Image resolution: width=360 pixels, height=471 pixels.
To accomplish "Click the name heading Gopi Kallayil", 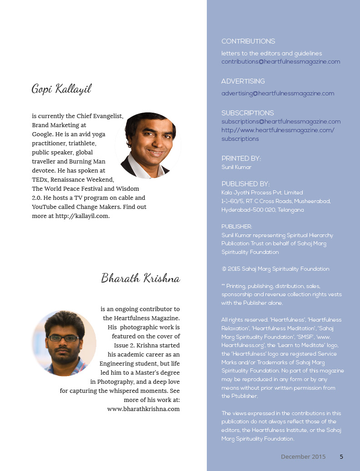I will tap(61, 89).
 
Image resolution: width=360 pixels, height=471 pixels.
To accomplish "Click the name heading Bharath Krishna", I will tap(140, 278).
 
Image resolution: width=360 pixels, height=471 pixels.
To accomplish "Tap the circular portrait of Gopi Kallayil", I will tap(148, 145).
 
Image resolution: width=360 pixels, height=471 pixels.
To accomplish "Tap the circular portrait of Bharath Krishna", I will tap(64, 343).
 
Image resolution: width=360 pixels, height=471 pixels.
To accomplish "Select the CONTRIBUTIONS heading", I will tap(248, 41).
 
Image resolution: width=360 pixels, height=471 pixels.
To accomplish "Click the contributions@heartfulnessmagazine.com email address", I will tap(280, 62).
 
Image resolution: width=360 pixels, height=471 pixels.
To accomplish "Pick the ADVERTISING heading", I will tap(243, 81).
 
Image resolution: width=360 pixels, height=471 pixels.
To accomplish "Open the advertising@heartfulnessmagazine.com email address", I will tap(277, 94).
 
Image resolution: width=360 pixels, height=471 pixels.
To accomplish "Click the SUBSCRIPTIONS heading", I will tap(247, 113).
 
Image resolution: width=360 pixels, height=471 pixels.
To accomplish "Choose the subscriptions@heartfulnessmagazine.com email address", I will tap(280, 122).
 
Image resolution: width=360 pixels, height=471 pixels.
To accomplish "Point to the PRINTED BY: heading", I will tap(241, 159).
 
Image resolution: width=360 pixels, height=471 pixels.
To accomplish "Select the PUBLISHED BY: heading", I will tap(245, 184).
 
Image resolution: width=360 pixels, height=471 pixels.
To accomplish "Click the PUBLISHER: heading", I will tap(236, 227).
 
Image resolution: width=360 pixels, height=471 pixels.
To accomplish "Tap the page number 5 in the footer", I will tap(341, 457).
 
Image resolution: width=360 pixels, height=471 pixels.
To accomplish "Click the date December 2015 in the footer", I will tap(303, 457).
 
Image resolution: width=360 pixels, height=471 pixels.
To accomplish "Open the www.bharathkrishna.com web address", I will tap(143, 409).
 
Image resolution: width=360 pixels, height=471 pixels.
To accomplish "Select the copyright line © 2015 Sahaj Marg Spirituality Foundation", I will tap(275, 269).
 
